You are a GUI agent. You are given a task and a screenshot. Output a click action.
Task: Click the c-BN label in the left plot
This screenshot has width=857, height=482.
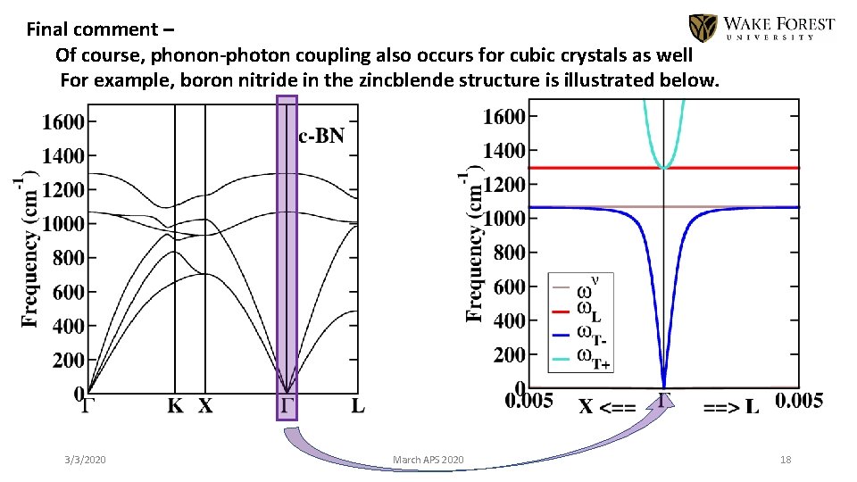(x=321, y=136)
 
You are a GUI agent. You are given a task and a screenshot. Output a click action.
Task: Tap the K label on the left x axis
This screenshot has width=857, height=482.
(x=176, y=406)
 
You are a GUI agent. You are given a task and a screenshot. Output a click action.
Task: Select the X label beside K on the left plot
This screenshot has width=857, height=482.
(x=205, y=406)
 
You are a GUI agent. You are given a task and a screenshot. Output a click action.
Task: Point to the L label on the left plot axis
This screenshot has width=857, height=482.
(x=357, y=406)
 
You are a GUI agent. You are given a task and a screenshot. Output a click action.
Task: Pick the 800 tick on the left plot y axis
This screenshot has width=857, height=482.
(x=67, y=258)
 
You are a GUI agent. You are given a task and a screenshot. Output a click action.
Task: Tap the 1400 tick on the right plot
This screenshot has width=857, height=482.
(x=503, y=150)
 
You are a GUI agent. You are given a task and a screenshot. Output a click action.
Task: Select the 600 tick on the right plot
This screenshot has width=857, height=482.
(x=509, y=286)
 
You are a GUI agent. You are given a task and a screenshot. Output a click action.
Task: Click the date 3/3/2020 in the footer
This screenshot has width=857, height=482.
(x=85, y=460)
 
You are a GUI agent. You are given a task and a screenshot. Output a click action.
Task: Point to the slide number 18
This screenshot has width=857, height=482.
(x=786, y=460)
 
